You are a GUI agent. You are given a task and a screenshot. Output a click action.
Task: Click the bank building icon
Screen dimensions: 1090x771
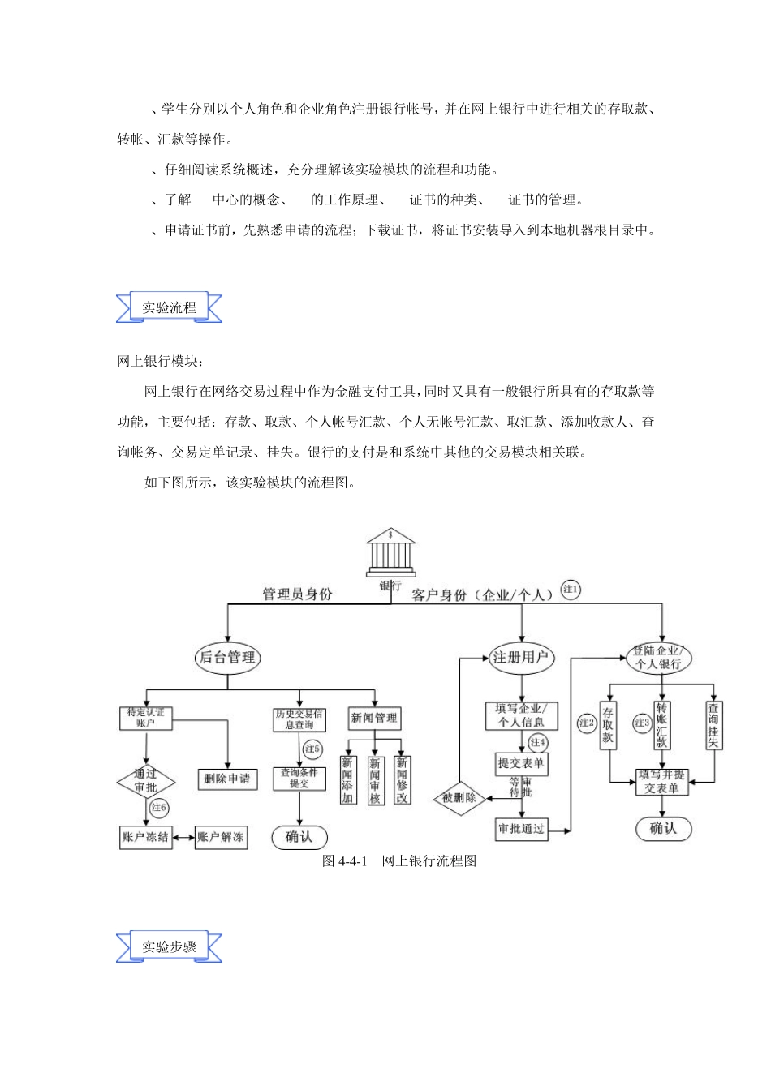[390, 551]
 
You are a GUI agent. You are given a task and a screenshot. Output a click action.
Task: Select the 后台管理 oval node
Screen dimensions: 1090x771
[227, 657]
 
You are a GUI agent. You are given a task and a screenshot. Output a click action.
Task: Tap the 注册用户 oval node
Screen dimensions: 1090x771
[521, 657]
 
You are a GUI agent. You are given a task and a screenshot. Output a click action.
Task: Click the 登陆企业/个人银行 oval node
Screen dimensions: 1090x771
[658, 657]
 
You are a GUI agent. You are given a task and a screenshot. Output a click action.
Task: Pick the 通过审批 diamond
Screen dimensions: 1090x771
[146, 781]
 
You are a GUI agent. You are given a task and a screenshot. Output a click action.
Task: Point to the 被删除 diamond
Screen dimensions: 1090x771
[459, 798]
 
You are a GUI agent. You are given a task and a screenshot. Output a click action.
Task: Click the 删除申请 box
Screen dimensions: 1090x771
[227, 779]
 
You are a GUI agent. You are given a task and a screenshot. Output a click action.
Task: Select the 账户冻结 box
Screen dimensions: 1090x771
[146, 837]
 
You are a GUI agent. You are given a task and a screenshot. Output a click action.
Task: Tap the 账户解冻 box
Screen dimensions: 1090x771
[221, 837]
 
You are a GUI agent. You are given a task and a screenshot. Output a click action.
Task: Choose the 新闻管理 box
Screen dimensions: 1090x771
[374, 718]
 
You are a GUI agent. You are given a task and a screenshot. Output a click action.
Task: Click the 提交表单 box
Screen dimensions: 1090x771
[521, 763]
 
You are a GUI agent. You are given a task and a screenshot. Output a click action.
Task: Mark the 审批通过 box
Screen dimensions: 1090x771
[521, 828]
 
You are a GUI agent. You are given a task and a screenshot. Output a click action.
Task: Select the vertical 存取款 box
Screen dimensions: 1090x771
[608, 726]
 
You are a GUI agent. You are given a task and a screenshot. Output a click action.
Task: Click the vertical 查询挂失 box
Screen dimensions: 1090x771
[713, 726]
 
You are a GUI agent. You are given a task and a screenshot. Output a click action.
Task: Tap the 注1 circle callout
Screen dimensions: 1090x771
[571, 590]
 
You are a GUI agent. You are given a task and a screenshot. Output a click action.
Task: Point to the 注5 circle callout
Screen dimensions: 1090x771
[312, 749]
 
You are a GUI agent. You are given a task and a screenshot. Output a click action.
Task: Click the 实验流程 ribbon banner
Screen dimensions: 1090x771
[169, 307]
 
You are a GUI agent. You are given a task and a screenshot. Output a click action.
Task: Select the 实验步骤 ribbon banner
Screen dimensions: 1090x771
[169, 946]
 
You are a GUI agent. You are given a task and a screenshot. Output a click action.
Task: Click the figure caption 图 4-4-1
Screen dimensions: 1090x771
[398, 860]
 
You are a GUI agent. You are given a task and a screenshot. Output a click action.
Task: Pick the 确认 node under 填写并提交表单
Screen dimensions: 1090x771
[662, 828]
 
